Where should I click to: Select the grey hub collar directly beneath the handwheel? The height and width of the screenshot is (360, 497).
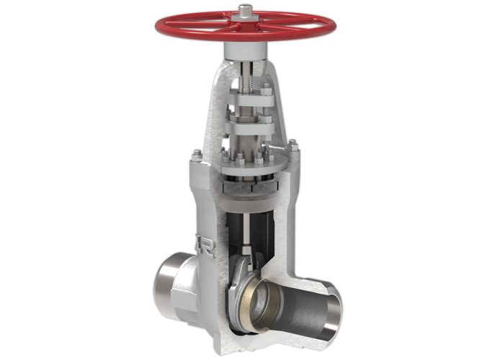pos(246,48)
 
